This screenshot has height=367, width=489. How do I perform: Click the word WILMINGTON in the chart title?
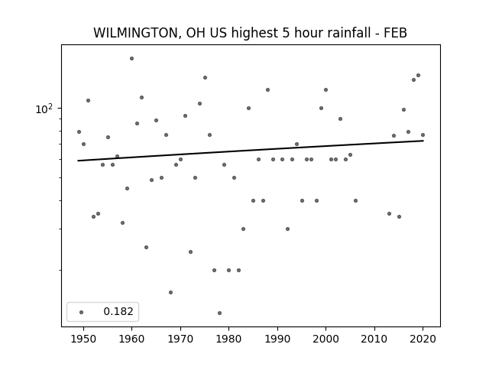[136, 33]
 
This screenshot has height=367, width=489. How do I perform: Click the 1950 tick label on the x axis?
[83, 339]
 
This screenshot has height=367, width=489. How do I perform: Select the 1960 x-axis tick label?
[131, 339]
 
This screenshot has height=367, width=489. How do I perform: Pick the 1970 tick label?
[180, 339]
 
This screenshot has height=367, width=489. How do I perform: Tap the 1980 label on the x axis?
[228, 339]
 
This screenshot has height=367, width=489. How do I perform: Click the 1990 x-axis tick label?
[277, 339]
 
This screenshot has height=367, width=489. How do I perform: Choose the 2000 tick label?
[325, 339]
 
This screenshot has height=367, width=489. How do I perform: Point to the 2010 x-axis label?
[374, 339]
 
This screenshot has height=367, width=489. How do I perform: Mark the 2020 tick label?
[423, 339]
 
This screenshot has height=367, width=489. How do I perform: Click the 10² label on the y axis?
[44, 109]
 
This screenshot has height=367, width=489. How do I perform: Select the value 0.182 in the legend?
[118, 311]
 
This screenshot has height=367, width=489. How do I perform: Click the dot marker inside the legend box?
[82, 312]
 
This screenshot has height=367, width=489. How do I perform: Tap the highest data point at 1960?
[131, 58]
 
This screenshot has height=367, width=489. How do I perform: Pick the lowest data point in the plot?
[219, 313]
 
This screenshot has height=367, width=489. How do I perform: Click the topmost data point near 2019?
[418, 75]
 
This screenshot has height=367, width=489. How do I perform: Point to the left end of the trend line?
[78, 161]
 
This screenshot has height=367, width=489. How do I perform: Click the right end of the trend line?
[423, 141]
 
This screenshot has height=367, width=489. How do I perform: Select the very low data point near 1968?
[170, 292]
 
